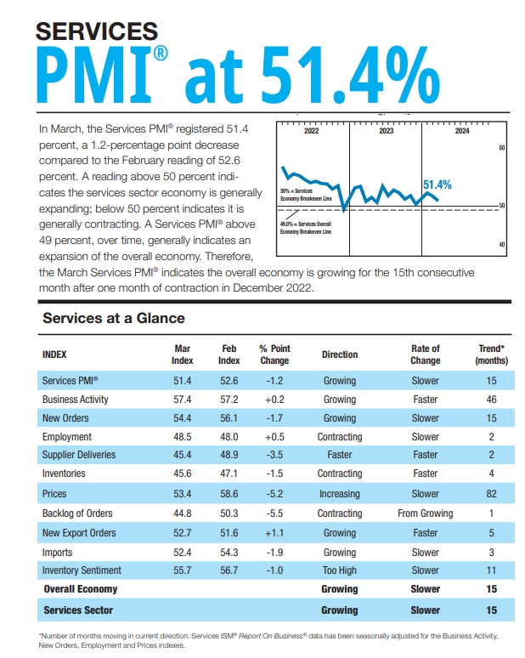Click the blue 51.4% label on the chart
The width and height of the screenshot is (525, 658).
coord(437,184)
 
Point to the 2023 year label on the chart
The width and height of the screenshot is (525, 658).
coord(386,132)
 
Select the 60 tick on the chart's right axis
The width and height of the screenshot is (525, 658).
coord(502,148)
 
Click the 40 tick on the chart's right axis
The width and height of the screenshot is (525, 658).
coord(502,245)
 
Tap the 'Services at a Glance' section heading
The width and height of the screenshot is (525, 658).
coord(113,318)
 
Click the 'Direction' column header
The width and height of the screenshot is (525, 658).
coord(340,355)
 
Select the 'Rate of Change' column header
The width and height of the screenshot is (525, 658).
coord(425,355)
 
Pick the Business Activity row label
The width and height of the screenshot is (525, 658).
coord(75,400)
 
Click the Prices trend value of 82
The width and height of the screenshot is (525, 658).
coord(490,493)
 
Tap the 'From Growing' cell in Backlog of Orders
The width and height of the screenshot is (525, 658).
coord(425,513)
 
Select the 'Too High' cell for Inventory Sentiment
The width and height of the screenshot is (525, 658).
coord(340,570)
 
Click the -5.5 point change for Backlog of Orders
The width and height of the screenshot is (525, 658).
coord(274,513)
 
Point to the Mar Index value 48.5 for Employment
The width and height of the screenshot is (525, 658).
coord(183,437)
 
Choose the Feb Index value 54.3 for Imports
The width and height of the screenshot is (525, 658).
coord(229,551)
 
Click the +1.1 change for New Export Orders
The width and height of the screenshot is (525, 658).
coord(274,532)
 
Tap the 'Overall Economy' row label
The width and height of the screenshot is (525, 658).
coord(80,589)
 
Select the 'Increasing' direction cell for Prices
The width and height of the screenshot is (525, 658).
coord(340,493)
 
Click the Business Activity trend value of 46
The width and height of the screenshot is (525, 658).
coord(490,400)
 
